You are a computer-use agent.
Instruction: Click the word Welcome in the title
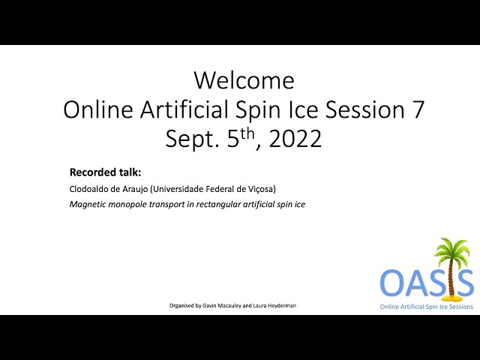point(244,80)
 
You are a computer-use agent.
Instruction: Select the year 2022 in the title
point(295,139)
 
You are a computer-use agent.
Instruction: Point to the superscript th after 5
point(247,134)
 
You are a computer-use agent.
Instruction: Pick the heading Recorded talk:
point(105,172)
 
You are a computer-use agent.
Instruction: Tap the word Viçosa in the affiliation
point(264,189)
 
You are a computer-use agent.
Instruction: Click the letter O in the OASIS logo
point(391,283)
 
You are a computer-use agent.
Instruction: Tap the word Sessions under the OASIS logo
point(461,307)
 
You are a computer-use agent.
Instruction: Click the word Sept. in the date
point(193,139)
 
